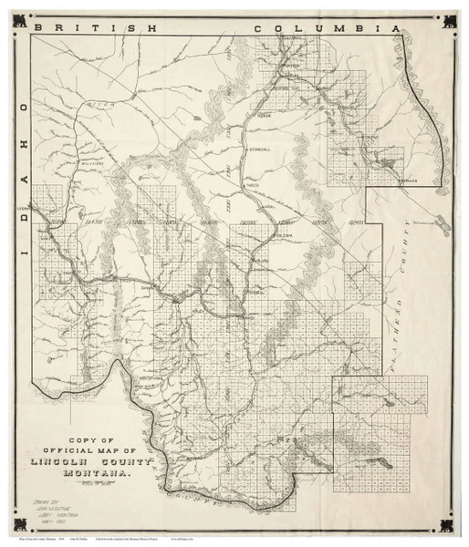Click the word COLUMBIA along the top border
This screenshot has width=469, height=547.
(328, 28)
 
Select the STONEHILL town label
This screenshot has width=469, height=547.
(258, 149)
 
